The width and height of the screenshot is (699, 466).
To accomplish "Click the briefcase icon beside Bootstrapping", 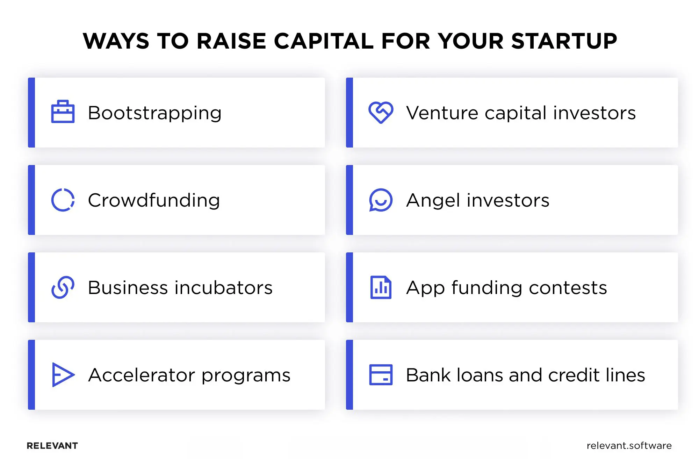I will click(x=63, y=112).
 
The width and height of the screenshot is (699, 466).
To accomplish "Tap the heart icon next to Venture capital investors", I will click(x=381, y=112).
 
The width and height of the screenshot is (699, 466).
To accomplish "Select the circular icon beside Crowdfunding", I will click(x=63, y=200).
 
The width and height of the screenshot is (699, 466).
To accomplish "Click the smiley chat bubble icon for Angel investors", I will click(x=381, y=200).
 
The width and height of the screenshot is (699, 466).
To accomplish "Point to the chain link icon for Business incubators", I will click(x=63, y=287).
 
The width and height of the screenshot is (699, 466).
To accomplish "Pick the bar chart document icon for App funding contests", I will click(x=381, y=287).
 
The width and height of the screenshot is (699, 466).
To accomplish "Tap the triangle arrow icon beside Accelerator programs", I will click(x=63, y=375).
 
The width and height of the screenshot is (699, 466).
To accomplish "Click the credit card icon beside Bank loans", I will click(x=381, y=375).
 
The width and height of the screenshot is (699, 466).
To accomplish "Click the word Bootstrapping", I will click(x=154, y=113).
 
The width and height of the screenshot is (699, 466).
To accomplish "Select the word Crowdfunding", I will click(x=154, y=201).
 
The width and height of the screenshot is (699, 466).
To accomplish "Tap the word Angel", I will click(x=433, y=201).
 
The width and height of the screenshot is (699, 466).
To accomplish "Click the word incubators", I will click(x=223, y=288).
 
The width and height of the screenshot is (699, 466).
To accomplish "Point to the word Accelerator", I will click(x=142, y=375).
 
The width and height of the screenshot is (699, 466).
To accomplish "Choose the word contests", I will click(x=568, y=288).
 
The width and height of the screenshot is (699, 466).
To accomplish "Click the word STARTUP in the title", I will click(x=564, y=41).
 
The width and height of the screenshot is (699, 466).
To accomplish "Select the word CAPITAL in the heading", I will click(x=324, y=41).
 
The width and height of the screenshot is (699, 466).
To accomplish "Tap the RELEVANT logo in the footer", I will click(x=52, y=446).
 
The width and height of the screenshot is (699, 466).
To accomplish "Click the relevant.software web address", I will click(x=629, y=446).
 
